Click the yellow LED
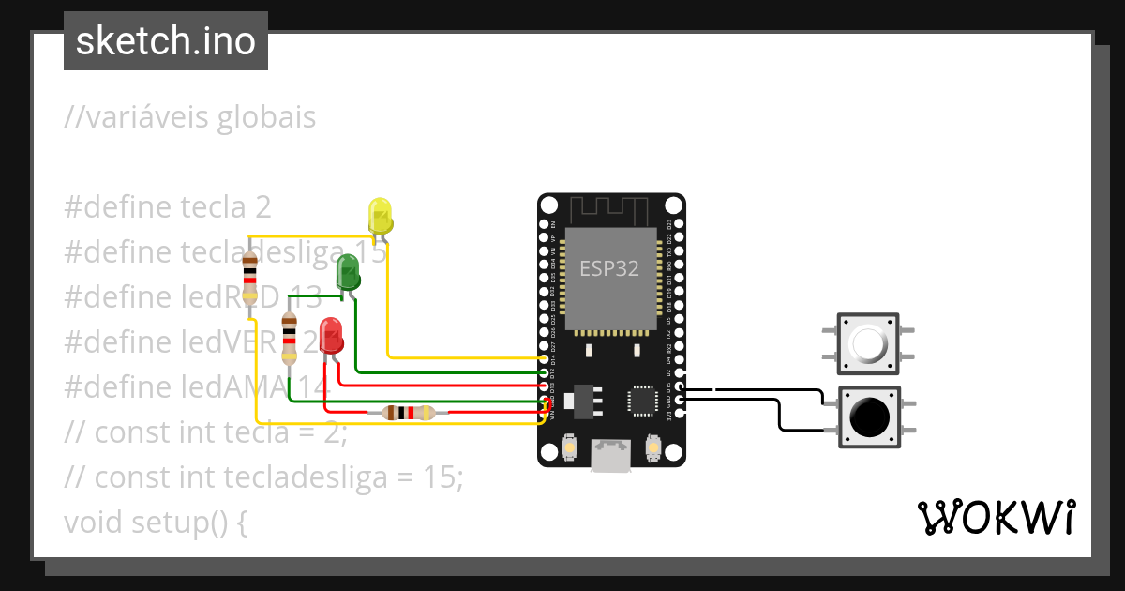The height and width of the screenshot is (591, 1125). coord(380,215)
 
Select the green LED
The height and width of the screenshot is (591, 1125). coord(348,272)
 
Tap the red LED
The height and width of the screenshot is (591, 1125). coord(331,335)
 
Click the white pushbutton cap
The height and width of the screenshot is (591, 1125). coord(868,344)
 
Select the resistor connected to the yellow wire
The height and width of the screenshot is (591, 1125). coord(249,279)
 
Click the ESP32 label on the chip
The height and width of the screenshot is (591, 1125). coord(609,269)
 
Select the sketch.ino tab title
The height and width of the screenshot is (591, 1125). coord(166,41)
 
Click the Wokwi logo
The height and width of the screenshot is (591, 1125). coord(996,517)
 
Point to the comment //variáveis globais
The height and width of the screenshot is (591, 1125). coord(189,118)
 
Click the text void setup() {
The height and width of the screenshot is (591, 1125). coord(156,521)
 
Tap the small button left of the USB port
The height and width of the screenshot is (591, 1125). coord(569,451)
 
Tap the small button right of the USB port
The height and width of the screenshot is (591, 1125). coord(653,451)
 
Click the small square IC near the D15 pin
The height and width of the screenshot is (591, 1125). coord(644,401)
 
